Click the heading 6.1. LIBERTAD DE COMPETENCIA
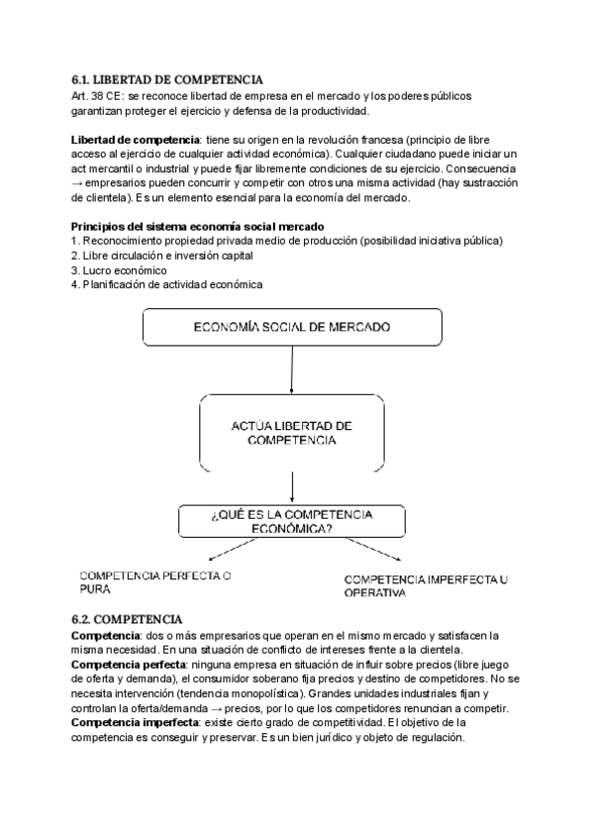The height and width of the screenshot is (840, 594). pyautogui.click(x=167, y=79)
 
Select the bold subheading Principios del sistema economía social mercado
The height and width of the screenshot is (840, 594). pyautogui.click(x=191, y=227)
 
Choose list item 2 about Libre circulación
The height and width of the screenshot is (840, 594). pyautogui.click(x=163, y=256)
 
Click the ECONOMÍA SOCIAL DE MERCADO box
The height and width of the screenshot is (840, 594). pyautogui.click(x=291, y=327)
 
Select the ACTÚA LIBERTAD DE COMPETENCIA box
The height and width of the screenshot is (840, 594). pyautogui.click(x=291, y=432)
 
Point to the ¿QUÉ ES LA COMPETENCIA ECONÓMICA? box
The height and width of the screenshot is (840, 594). pyautogui.click(x=291, y=521)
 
